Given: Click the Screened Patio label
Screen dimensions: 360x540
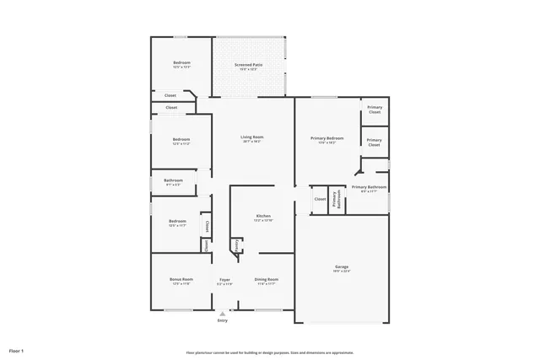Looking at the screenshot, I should click(x=248, y=63).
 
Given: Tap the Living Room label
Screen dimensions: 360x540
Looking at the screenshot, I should click(x=251, y=137).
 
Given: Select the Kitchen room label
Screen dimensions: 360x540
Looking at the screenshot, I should click(x=263, y=217).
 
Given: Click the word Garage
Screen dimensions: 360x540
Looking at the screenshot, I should click(x=341, y=267).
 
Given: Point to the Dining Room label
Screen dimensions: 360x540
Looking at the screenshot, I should click(x=266, y=279).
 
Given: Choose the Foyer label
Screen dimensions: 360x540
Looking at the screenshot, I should click(x=224, y=279).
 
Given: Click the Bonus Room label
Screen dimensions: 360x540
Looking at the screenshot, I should click(x=181, y=279).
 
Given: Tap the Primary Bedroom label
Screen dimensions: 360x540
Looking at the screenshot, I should click(x=327, y=137).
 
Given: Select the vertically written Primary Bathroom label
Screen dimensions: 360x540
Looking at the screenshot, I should click(x=335, y=200).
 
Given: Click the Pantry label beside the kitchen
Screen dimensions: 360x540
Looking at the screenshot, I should click(x=237, y=245).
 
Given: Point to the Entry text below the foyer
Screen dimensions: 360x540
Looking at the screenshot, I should click(x=223, y=320).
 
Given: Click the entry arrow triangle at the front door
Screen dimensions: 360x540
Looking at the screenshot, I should click(x=223, y=313).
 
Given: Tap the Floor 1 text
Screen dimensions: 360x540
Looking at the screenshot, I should click(x=16, y=350).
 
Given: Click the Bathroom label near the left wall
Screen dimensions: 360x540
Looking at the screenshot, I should click(x=173, y=180).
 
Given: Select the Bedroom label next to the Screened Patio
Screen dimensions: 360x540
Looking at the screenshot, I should click(x=181, y=63).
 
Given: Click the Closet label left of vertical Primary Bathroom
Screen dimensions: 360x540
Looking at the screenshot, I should click(x=320, y=200).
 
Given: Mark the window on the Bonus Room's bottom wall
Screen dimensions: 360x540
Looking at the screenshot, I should click(x=177, y=309).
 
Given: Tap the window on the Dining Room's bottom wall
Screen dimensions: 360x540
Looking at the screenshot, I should click(x=268, y=309).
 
